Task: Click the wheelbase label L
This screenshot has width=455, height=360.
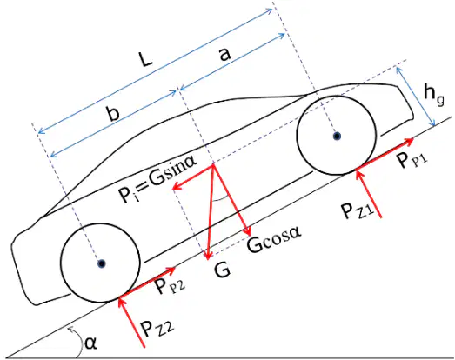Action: (x=146, y=59)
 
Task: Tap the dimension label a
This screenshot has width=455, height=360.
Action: (x=224, y=54)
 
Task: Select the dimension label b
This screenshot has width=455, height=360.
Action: (x=112, y=113)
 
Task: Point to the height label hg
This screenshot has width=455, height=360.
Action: (x=433, y=94)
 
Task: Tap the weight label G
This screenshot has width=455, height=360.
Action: (x=222, y=270)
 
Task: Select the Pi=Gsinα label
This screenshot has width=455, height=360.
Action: (x=157, y=179)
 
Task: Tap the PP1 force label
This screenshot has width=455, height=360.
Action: (x=412, y=159)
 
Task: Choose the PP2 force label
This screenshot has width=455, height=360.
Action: (x=169, y=285)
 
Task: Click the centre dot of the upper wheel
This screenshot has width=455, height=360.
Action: (x=337, y=136)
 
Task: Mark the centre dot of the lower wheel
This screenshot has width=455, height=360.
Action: (x=101, y=263)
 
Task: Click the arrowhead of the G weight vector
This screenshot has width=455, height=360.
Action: (x=207, y=256)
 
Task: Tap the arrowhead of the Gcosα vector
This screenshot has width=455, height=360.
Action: (x=248, y=231)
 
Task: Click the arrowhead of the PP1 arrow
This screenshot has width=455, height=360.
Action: (x=410, y=141)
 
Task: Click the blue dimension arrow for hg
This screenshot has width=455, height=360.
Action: (x=416, y=97)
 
